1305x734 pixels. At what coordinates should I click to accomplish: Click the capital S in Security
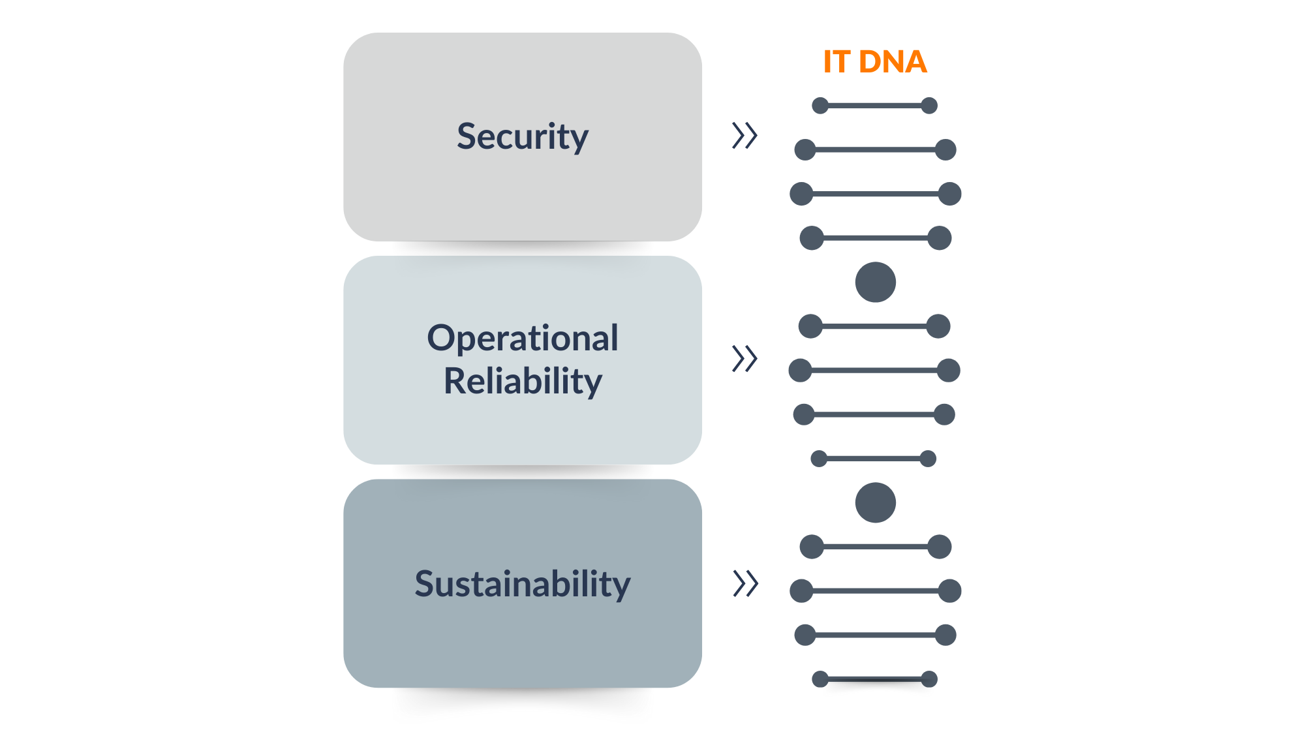tap(467, 136)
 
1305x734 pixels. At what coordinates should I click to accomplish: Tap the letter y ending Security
tap(580, 141)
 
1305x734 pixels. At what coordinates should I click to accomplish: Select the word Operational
tap(523, 339)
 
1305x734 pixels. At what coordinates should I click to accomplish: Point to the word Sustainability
tap(523, 583)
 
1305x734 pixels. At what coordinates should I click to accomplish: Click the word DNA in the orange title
tap(893, 62)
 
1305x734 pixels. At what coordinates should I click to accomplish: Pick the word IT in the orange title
tap(837, 62)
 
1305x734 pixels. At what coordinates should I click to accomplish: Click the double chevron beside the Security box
tap(745, 136)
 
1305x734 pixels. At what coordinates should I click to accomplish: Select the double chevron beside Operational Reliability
tap(745, 358)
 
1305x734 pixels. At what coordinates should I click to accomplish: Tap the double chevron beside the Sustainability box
tap(745, 583)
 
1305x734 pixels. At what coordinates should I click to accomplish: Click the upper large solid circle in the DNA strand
tap(876, 282)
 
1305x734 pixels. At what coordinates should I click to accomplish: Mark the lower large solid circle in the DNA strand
tap(876, 502)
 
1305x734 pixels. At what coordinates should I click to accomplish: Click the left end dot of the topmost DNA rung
tap(820, 106)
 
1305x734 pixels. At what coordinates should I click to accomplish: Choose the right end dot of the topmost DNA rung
tap(929, 106)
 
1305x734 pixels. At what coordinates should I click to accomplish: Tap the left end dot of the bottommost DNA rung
tap(820, 679)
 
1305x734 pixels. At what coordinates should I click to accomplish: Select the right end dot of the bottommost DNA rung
tap(929, 679)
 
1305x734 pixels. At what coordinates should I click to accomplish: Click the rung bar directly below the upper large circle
tap(874, 326)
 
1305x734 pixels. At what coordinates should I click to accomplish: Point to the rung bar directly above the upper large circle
tap(876, 238)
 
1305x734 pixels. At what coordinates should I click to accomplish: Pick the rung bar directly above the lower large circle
tap(874, 459)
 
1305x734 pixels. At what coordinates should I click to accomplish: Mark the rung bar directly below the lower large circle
tap(876, 547)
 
